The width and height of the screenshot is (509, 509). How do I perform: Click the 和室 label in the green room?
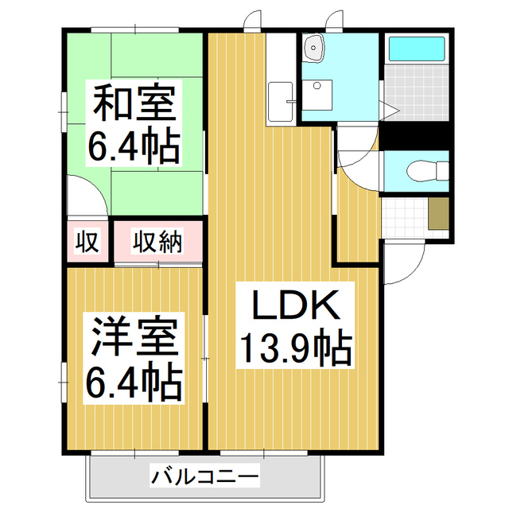point(134,103)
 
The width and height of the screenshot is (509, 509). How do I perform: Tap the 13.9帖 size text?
point(296,348)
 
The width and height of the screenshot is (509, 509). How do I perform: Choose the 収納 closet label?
point(157,241)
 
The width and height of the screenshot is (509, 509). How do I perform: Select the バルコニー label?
point(204,478)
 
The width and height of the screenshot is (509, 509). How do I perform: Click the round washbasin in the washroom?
point(316,48)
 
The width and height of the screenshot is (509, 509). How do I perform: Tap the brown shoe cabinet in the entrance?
point(439,213)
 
